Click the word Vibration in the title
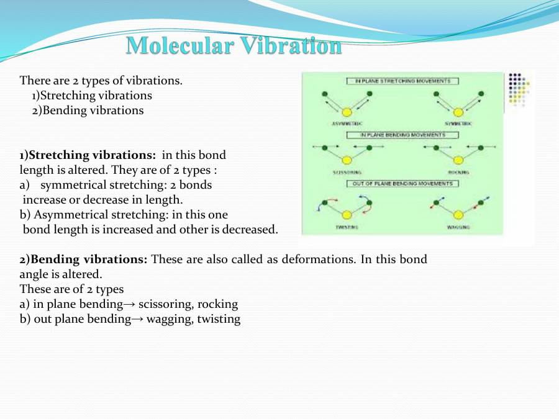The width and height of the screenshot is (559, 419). pyautogui.click(x=291, y=45)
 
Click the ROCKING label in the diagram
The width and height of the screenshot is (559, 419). pyautogui.click(x=458, y=172)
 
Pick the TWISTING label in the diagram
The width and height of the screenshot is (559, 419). pyautogui.click(x=347, y=227)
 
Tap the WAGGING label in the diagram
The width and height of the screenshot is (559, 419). pyautogui.click(x=458, y=227)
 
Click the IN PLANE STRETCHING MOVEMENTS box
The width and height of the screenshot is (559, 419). pyautogui.click(x=402, y=81)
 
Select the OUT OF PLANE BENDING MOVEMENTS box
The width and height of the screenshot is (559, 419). pyautogui.click(x=402, y=184)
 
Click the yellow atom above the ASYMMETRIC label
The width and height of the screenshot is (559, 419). pyautogui.click(x=347, y=112)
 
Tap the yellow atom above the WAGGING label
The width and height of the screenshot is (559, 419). pyautogui.click(x=458, y=215)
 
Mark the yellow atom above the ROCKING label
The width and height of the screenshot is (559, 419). pyautogui.click(x=458, y=160)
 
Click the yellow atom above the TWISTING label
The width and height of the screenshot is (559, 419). pyautogui.click(x=347, y=215)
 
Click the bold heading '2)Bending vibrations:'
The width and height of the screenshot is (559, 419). pyautogui.click(x=83, y=259)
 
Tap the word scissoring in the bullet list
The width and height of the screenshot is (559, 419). pyautogui.click(x=166, y=305)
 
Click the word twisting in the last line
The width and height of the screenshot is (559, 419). pyautogui.click(x=218, y=320)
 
